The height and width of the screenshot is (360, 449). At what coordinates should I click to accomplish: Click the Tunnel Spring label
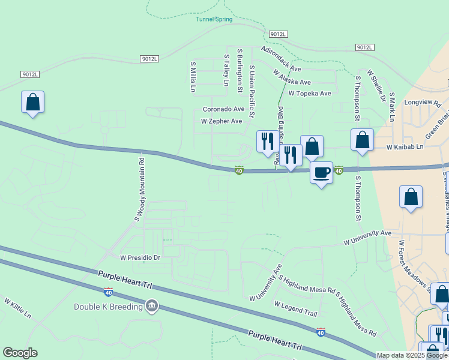[214, 19]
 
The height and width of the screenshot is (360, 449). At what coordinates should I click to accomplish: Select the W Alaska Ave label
[292, 77]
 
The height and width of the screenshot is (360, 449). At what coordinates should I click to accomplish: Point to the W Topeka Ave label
[310, 94]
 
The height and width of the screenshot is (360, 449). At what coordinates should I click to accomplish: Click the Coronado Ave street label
[223, 109]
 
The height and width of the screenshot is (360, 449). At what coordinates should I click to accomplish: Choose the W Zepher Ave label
[221, 121]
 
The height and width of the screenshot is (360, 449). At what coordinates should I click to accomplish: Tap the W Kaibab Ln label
[405, 147]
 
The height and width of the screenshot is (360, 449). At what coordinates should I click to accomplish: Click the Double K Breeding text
[109, 307]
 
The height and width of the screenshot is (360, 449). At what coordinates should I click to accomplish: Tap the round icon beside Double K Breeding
[152, 307]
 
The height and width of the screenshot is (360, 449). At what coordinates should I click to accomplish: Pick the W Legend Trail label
[295, 309]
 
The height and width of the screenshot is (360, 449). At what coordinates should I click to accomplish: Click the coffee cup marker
[321, 173]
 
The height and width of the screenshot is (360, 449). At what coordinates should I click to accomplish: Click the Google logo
[20, 353]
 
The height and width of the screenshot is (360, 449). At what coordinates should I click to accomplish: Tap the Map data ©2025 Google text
[412, 355]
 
